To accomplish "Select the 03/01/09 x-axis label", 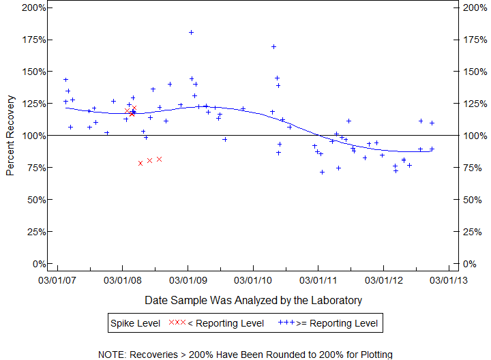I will pyautogui.click(x=188, y=280).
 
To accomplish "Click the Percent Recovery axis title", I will pyautogui.click(x=10, y=135).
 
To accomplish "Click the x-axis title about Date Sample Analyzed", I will pyautogui.click(x=253, y=300).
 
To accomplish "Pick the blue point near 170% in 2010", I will pyautogui.click(x=273, y=47).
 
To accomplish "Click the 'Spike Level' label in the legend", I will pyautogui.click(x=135, y=323).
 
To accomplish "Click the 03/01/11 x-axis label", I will pyautogui.click(x=318, y=280).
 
